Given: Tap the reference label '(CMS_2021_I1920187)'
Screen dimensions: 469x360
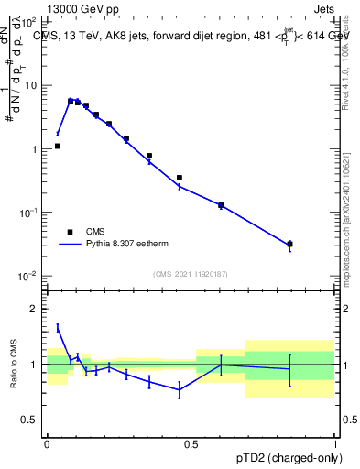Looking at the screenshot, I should click(x=190, y=273).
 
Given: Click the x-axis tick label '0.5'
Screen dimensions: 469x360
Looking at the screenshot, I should click(x=191, y=443).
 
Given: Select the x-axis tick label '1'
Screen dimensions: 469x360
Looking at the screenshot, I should click(x=334, y=443).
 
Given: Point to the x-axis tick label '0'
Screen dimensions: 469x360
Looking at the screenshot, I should click(x=47, y=443).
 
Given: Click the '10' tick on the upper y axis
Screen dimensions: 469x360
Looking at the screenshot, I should click(x=32, y=85).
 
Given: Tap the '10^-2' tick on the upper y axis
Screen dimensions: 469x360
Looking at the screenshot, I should click(x=29, y=276).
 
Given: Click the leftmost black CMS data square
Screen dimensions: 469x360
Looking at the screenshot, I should click(x=57, y=146).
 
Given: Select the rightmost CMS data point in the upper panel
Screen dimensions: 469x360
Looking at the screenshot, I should click(x=289, y=244).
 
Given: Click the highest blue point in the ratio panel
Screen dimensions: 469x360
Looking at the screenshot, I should click(x=57, y=327).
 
